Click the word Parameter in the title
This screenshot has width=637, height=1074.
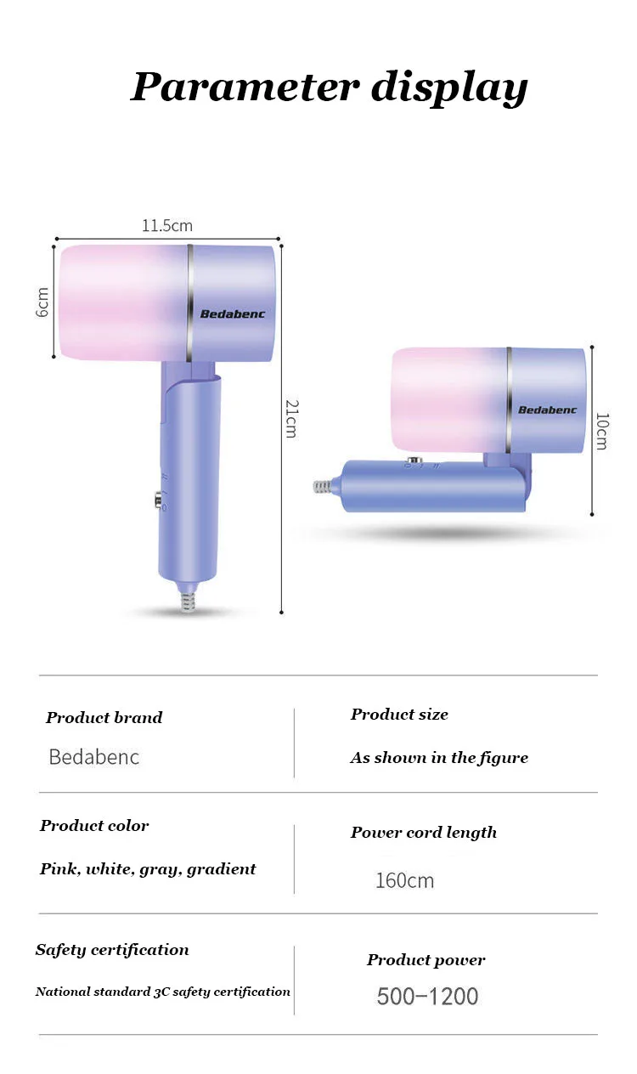[x=245, y=87]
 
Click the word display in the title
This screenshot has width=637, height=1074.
[x=449, y=88]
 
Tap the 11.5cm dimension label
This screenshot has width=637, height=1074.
[x=167, y=225]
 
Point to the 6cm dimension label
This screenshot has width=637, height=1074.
[x=42, y=302]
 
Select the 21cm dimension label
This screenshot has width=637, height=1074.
[x=292, y=419]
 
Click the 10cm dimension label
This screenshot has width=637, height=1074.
[x=602, y=431]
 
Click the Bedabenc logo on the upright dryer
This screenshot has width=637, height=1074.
[x=233, y=314]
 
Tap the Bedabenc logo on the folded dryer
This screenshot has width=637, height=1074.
[x=547, y=410]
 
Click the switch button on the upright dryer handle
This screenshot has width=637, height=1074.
[x=159, y=500]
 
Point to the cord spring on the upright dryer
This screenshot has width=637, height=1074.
[x=188, y=602]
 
